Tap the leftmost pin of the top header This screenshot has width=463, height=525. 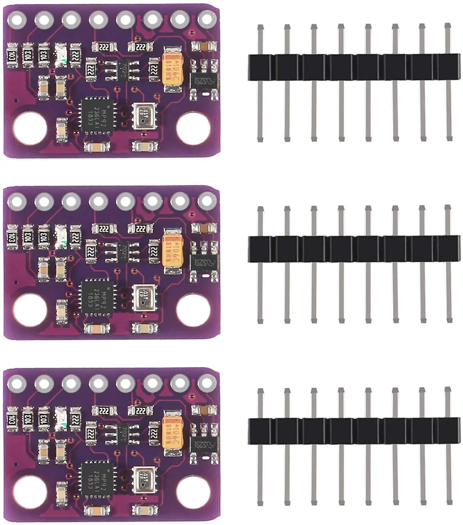(x=260, y=83)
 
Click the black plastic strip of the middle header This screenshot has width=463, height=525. (x=354, y=249)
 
